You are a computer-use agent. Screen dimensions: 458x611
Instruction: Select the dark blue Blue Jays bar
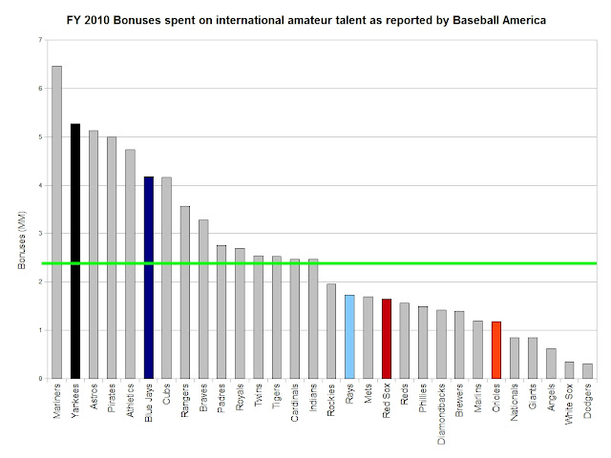pyautogui.click(x=148, y=277)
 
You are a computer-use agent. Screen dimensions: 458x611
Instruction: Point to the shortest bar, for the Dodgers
pyautogui.click(x=588, y=371)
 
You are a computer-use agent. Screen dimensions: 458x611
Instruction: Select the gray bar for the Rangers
pyautogui.click(x=185, y=292)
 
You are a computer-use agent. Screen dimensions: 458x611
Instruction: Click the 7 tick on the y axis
pyautogui.click(x=40, y=40)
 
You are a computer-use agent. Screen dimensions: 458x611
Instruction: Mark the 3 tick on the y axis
pyautogui.click(x=40, y=234)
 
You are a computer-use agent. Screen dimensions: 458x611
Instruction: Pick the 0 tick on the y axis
pyautogui.click(x=40, y=379)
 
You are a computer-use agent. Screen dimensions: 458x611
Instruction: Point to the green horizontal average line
pyautogui.click(x=315, y=263)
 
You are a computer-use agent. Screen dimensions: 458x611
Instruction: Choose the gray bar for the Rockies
pyautogui.click(x=331, y=331)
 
